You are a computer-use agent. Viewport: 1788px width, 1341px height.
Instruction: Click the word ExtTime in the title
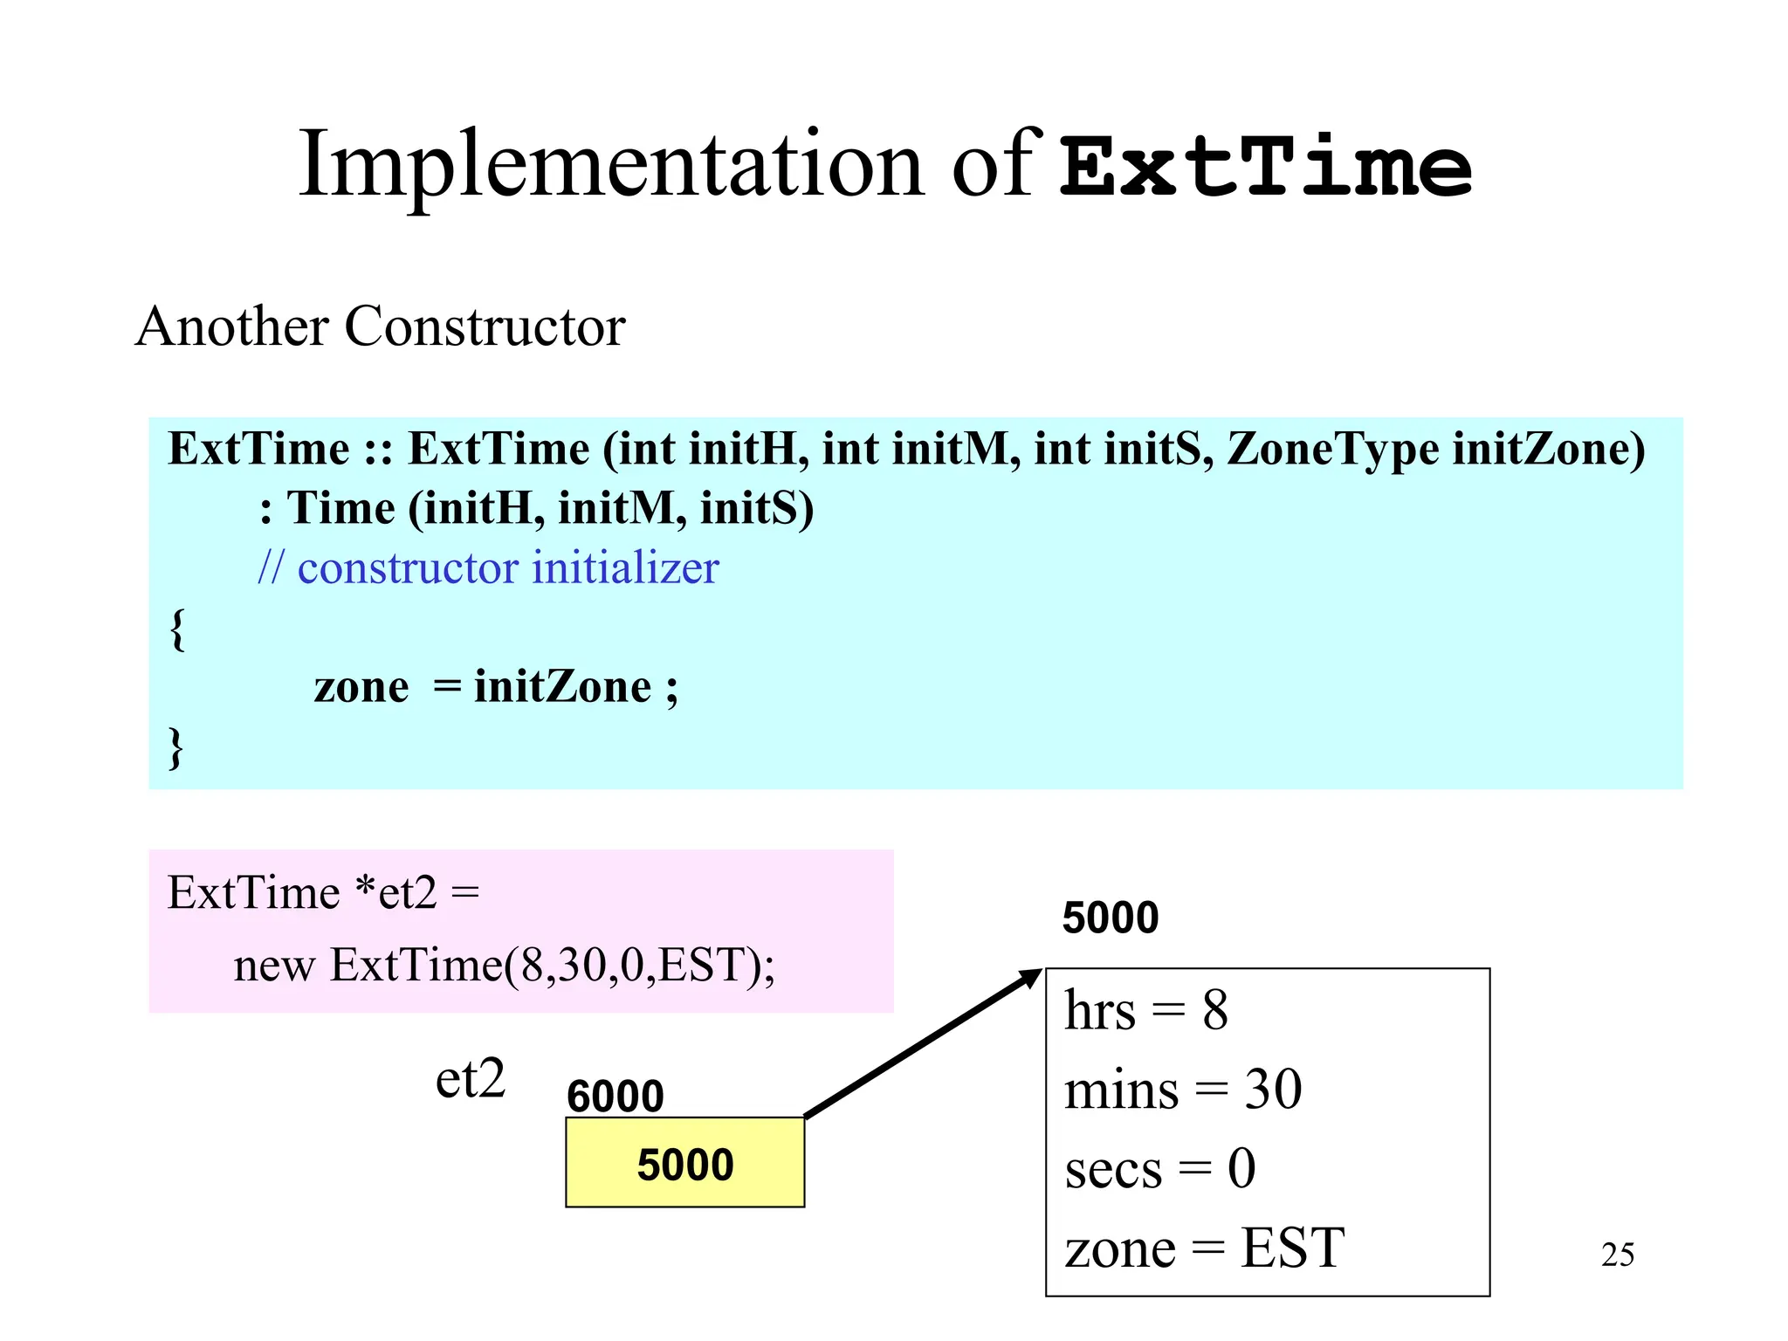tap(1266, 166)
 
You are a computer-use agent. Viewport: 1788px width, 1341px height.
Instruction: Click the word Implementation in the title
tap(611, 166)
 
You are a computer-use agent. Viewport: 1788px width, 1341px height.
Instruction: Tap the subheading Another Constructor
tap(381, 327)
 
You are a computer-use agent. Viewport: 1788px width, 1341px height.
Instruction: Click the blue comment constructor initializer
tap(489, 568)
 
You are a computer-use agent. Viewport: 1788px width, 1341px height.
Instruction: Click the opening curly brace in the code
tap(177, 629)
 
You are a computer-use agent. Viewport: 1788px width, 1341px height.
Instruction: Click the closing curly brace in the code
tap(176, 747)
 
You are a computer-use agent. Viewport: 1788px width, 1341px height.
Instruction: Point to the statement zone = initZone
tap(494, 687)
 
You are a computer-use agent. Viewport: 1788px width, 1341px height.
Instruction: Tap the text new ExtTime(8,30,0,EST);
tap(504, 966)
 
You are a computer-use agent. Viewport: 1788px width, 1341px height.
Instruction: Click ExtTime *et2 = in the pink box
tap(323, 893)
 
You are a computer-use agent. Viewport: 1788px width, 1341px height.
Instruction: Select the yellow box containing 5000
tap(684, 1163)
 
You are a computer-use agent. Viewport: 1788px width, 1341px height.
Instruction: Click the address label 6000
tap(615, 1096)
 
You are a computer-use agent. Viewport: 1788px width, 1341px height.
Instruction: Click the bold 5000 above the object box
tap(1110, 918)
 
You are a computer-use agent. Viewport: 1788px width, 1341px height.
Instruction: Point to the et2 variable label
tap(470, 1079)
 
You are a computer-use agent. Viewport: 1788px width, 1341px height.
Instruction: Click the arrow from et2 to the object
tap(921, 1044)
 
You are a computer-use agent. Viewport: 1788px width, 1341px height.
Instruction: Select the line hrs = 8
tap(1145, 1011)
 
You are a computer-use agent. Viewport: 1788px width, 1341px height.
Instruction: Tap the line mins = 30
tap(1182, 1090)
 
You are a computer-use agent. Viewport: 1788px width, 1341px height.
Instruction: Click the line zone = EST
tap(1204, 1248)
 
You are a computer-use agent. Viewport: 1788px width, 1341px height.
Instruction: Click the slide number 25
tap(1617, 1255)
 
